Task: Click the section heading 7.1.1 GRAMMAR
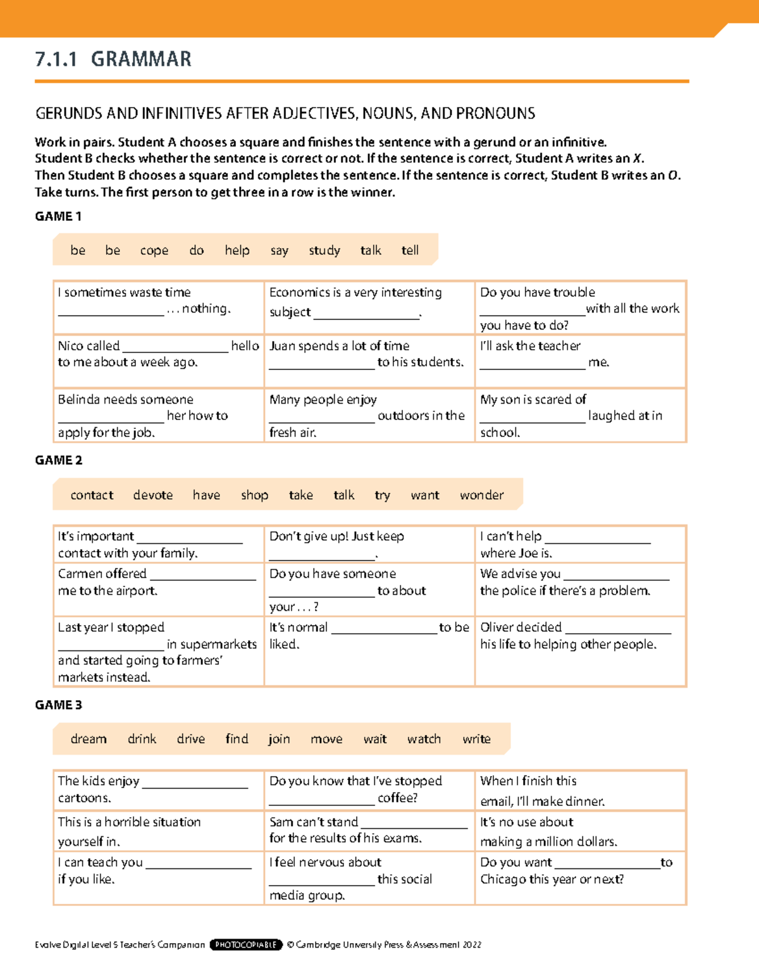coord(113,59)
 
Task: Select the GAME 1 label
coord(58,216)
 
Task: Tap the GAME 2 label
coord(58,461)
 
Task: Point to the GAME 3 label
coord(58,705)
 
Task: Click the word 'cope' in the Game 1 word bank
coord(154,250)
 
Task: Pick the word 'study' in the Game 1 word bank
coord(324,250)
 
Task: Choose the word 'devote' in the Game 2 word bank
coord(153,495)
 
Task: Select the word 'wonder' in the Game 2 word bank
coord(481,495)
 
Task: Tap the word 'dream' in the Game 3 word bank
coord(89,739)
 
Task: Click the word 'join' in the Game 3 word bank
coord(279,739)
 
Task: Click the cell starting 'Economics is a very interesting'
coord(369,307)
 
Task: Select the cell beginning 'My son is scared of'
coord(580,415)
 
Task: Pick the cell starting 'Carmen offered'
coord(158,589)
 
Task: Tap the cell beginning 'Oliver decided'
coord(580,650)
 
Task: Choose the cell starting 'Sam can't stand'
coord(369,830)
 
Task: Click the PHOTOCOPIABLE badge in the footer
coord(245,944)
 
